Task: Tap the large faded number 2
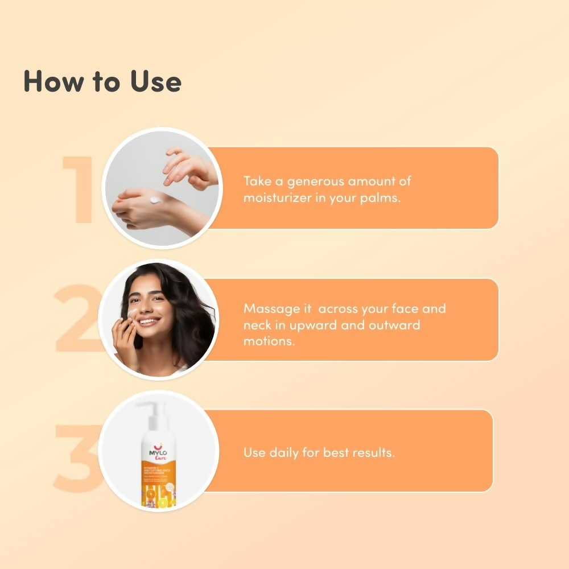coord(77,319)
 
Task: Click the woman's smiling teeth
coord(148,322)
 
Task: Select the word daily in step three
coord(285,453)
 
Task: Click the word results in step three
coord(373,453)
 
